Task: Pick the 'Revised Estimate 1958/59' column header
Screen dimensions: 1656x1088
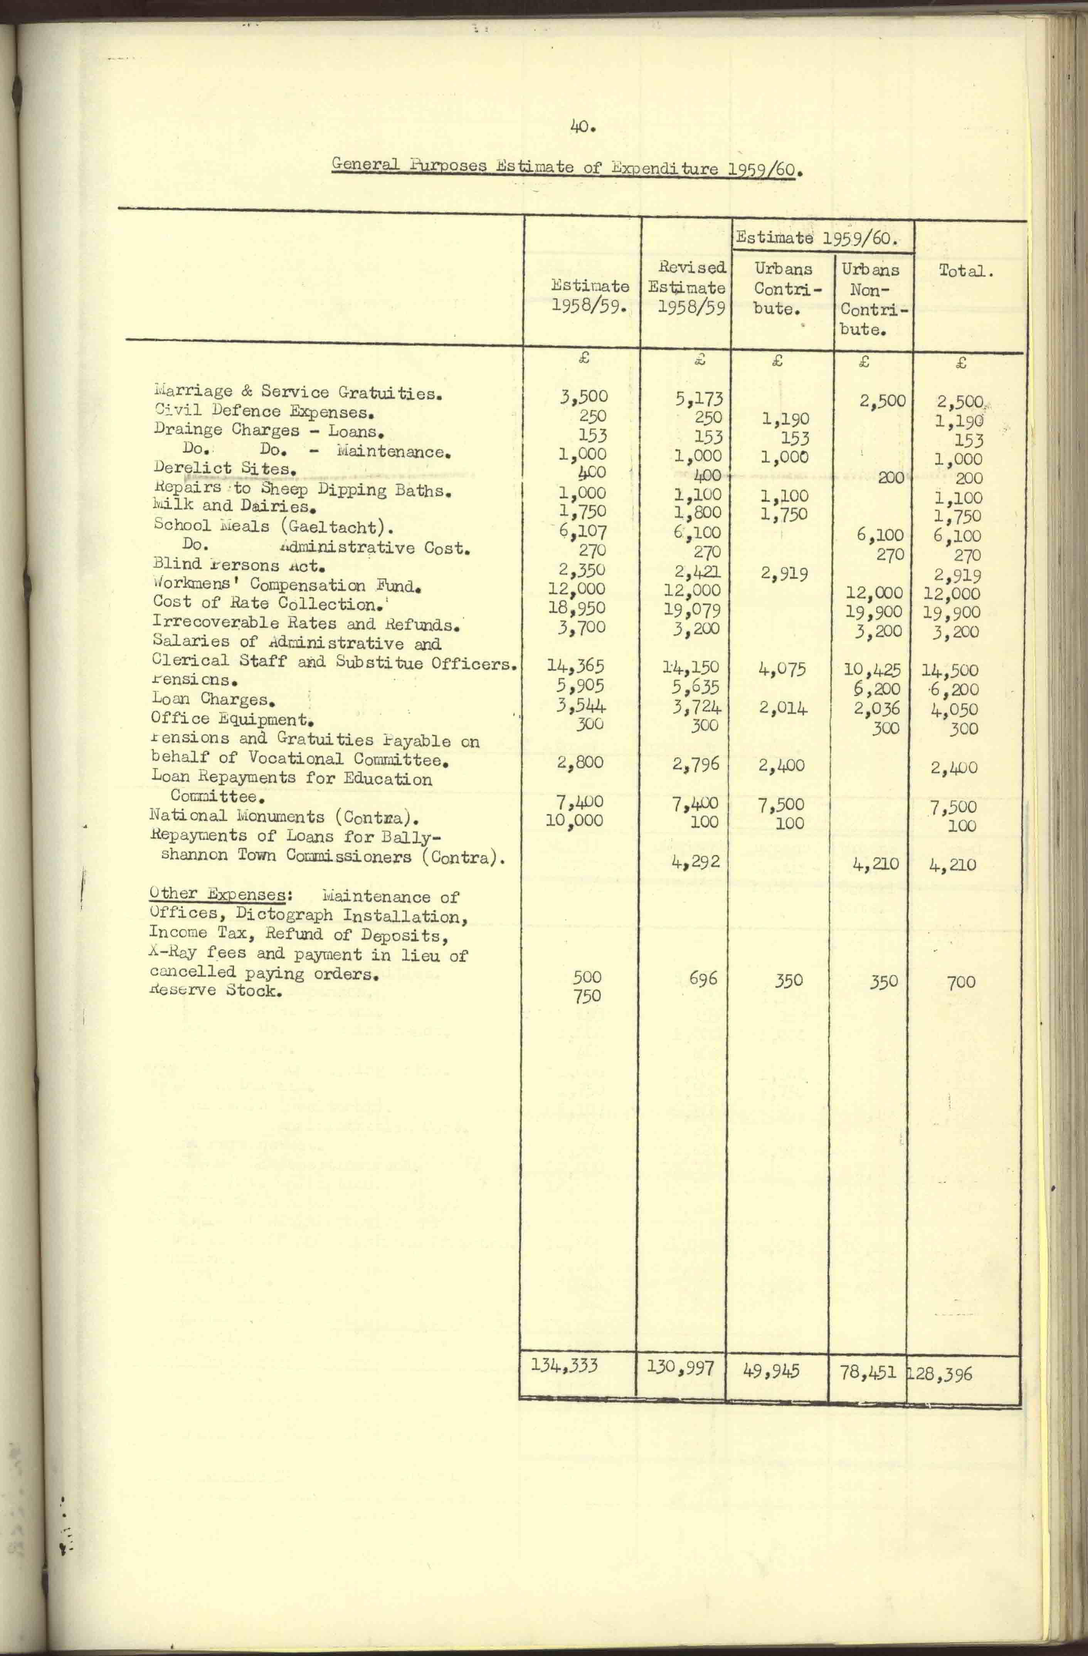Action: click(687, 287)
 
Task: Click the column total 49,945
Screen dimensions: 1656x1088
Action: click(771, 1371)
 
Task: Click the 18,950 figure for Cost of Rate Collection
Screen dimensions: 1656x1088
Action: click(576, 607)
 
